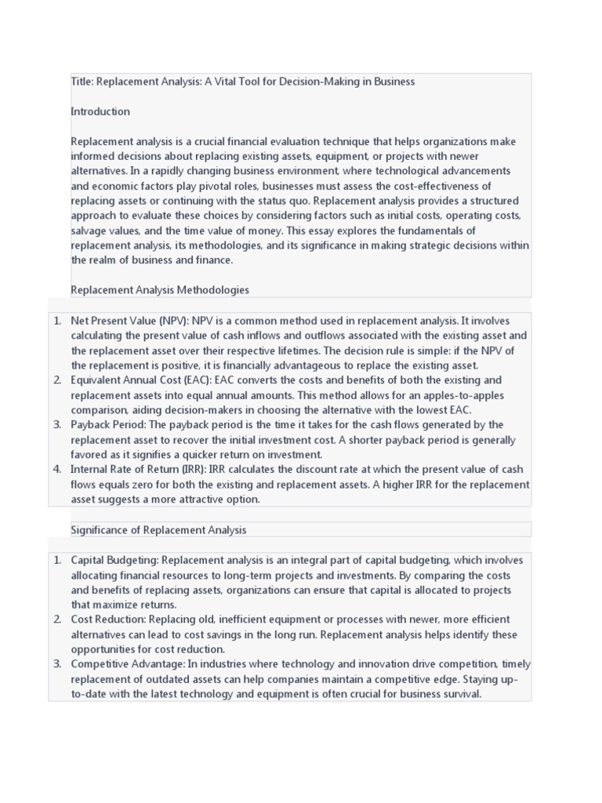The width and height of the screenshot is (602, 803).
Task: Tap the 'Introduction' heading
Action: [100, 111]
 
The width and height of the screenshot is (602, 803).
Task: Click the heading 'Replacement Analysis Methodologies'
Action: [160, 290]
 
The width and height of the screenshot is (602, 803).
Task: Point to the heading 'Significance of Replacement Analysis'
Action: [158, 530]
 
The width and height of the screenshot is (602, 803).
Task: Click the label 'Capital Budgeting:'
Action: [114, 560]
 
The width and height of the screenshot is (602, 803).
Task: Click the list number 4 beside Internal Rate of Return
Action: [57, 470]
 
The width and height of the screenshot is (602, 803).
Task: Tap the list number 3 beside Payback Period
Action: [57, 425]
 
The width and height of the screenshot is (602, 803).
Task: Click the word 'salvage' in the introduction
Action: [89, 231]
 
